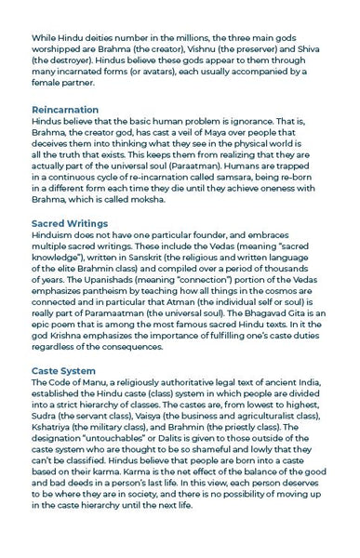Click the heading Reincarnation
(65, 110)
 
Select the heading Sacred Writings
(70, 224)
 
